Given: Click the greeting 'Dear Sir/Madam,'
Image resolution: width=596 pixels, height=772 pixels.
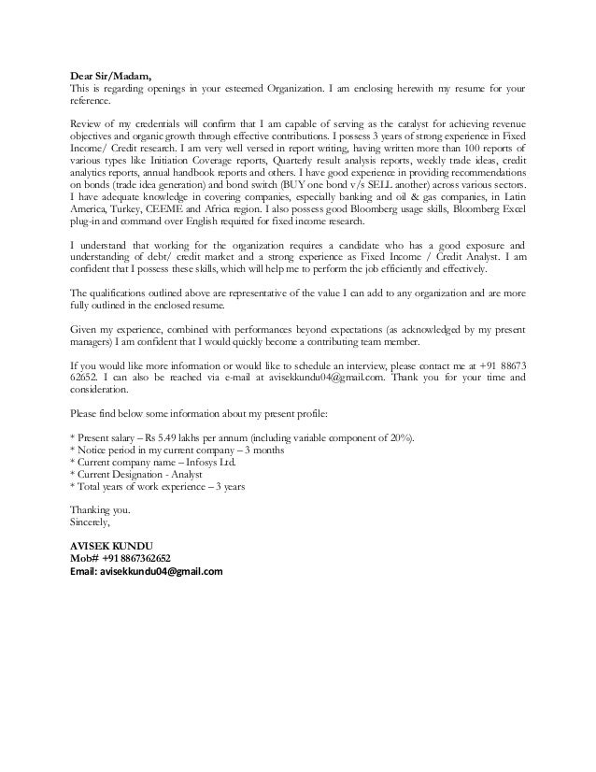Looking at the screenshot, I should tap(111, 76).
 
